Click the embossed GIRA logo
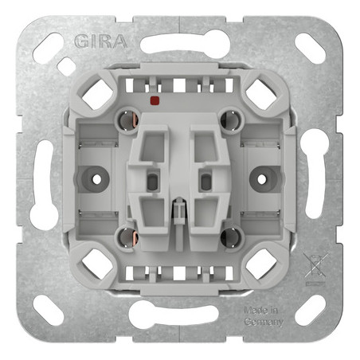tap(100, 41)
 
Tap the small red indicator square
tap(155, 100)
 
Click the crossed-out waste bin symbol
tap(315, 268)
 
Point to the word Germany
tap(264, 322)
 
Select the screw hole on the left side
tap(96, 179)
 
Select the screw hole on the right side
tap(262, 179)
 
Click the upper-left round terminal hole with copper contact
tap(128, 121)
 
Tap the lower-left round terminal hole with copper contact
tap(128, 237)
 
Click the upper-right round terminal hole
tap(231, 121)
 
